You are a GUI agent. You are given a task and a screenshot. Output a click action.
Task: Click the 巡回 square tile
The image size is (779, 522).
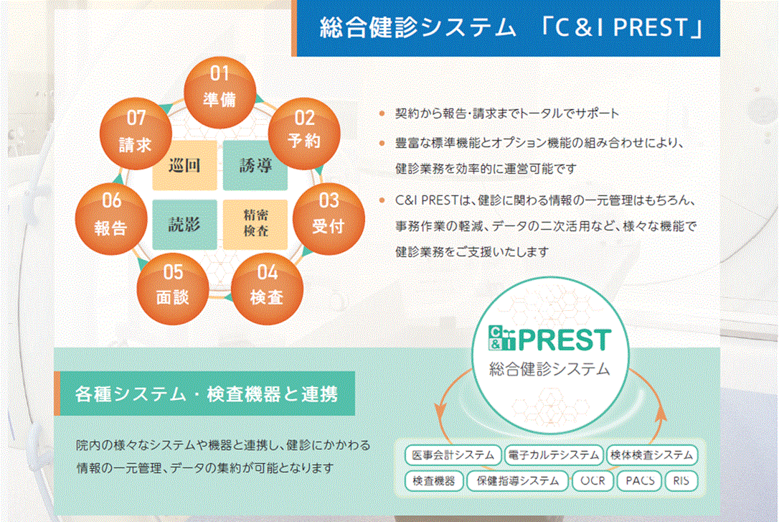coord(184,166)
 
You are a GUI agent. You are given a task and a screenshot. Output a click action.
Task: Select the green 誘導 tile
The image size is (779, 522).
coord(255,166)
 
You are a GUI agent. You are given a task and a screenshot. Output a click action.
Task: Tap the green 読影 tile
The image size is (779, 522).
coord(184,223)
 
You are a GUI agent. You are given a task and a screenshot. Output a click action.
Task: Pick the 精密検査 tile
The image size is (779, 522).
coord(255,223)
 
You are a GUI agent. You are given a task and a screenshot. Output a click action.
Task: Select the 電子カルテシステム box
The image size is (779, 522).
coord(552,455)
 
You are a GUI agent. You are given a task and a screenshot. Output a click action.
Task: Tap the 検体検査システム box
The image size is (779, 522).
coord(651,455)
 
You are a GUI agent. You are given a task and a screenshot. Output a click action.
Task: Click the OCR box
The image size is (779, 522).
coord(592,480)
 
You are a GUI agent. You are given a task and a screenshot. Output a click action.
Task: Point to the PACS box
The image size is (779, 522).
coord(639,480)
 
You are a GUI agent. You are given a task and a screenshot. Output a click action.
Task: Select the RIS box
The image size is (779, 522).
coord(681,480)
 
